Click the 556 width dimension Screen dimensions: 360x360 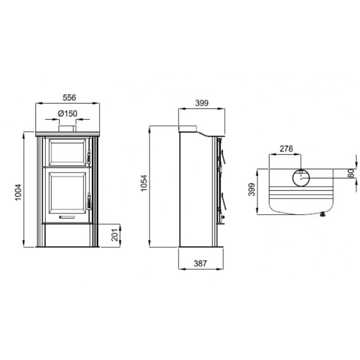click(x=68, y=97)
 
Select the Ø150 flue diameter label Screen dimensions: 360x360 click(x=67, y=114)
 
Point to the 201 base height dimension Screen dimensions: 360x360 click(x=115, y=235)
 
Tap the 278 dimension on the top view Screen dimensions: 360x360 click(x=286, y=148)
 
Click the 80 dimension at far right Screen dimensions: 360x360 click(x=351, y=174)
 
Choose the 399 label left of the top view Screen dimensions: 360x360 click(x=252, y=191)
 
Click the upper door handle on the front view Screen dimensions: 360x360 click(x=89, y=157)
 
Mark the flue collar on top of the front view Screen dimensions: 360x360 click(x=68, y=130)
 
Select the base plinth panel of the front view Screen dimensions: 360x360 click(x=68, y=235)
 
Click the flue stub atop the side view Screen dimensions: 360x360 click(x=189, y=128)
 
